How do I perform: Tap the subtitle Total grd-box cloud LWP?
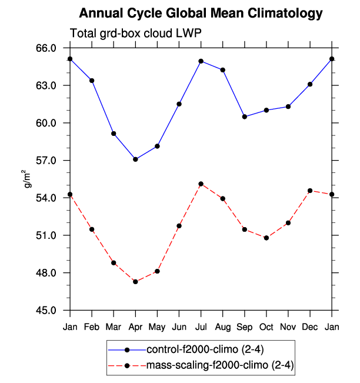pyautogui.click(x=136, y=34)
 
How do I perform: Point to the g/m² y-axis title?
pyautogui.click(x=26, y=178)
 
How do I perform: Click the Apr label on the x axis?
pyautogui.click(x=136, y=327)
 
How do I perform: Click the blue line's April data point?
pyautogui.click(x=136, y=159)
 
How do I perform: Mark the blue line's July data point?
pyautogui.click(x=201, y=61)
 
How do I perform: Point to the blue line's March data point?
pyautogui.click(x=114, y=134)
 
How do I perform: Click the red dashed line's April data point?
pyautogui.click(x=136, y=282)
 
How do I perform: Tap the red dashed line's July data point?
pyautogui.click(x=201, y=184)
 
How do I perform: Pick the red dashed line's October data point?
pyautogui.click(x=266, y=238)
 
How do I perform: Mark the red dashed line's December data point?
pyautogui.click(x=310, y=191)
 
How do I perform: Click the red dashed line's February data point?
pyautogui.click(x=92, y=229)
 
